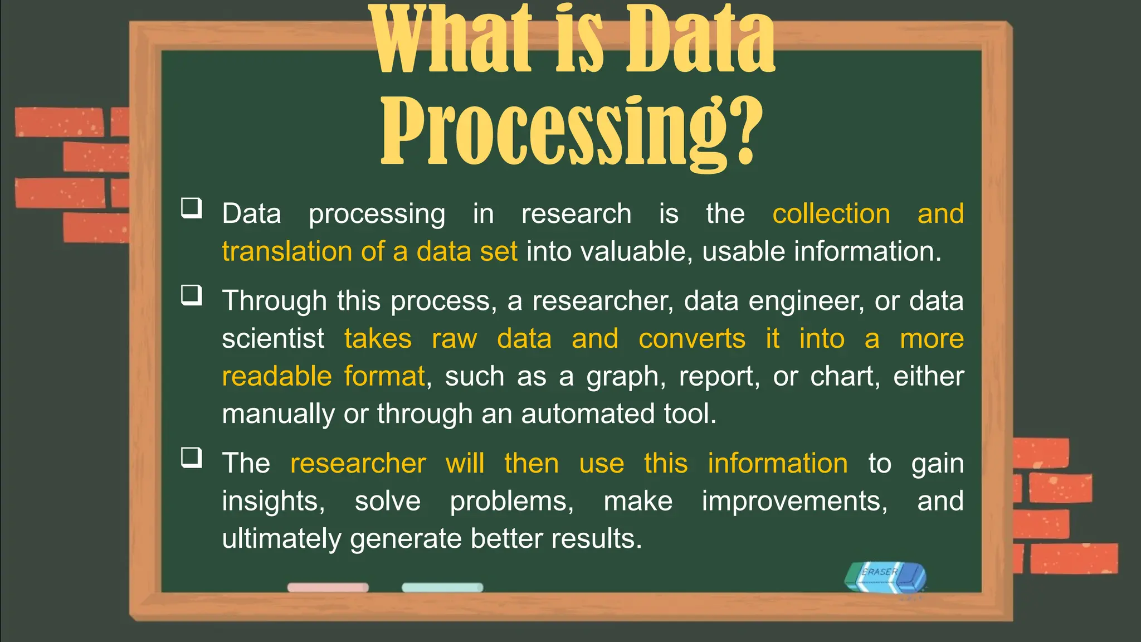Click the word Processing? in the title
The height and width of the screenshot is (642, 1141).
pos(571,131)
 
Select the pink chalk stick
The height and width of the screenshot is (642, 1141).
pos(328,587)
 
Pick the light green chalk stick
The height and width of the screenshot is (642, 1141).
pos(442,587)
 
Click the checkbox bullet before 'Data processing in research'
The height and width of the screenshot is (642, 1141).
pos(192,208)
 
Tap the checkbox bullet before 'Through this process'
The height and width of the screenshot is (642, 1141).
pos(192,295)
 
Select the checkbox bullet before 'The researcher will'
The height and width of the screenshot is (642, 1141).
pos(192,458)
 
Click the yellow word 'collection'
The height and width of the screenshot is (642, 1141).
pos(831,214)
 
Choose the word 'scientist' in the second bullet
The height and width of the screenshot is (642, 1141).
pos(273,339)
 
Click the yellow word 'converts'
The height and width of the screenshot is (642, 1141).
pos(692,339)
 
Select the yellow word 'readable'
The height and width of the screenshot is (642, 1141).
pos(277,376)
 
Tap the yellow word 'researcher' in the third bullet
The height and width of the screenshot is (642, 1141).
pos(358,464)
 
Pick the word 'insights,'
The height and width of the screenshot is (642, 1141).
pos(273,501)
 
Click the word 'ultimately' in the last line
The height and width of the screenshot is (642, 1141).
pos(281,539)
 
